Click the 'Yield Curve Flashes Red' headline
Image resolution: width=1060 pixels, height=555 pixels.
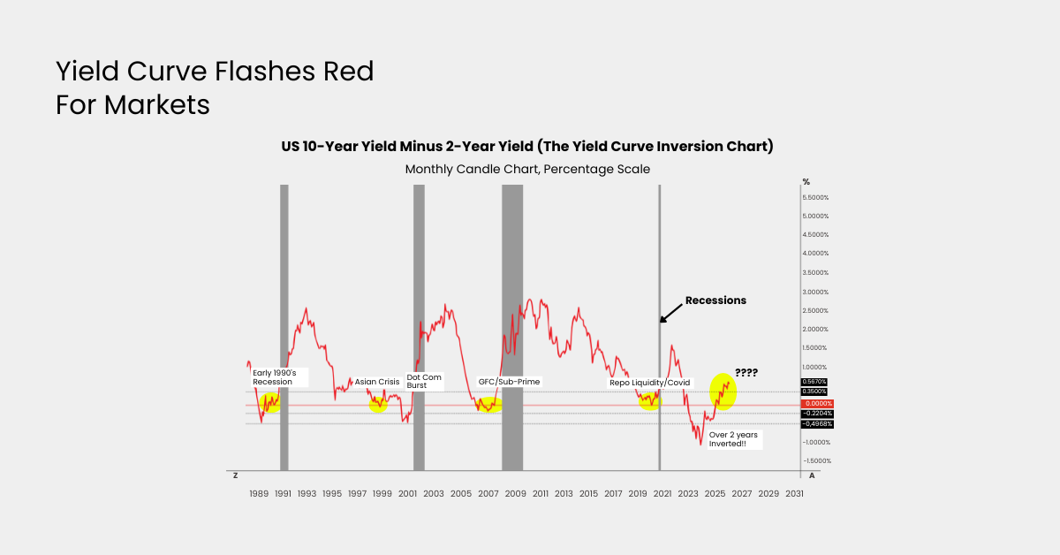215,72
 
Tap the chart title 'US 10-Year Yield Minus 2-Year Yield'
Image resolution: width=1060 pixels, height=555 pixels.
526,146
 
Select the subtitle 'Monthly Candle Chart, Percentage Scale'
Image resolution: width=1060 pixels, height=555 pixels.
527,168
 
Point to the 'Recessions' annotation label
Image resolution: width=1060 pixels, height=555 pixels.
715,300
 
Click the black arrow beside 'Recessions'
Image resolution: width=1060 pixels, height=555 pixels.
672,310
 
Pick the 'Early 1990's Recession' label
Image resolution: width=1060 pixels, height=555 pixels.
280,377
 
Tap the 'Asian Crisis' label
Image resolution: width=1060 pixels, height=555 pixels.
377,382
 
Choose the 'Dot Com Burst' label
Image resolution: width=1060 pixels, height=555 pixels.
424,382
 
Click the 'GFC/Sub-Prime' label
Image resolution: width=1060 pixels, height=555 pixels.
509,382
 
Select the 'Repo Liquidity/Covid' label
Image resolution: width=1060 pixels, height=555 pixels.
649,382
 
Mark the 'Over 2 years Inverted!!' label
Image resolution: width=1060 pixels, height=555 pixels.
733,438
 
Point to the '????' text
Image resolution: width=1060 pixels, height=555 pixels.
746,373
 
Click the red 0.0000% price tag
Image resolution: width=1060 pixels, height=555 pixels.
816,404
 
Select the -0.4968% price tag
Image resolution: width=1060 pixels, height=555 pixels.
816,423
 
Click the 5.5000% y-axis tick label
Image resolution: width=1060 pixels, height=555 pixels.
821,197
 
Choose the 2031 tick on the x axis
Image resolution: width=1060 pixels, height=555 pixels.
795,493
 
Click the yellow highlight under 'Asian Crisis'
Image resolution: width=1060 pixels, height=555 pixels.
378,404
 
